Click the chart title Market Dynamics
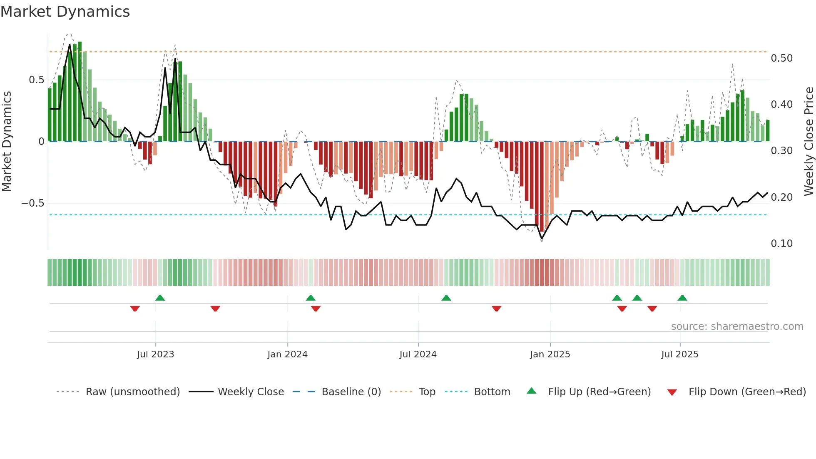tap(65, 12)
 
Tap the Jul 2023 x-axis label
tap(155, 354)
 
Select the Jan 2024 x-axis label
tap(287, 354)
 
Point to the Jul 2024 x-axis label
tap(418, 354)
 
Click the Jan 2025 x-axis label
tap(550, 354)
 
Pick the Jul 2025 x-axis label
tap(680, 354)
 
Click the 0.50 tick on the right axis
tap(781, 58)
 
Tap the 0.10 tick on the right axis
tap(781, 244)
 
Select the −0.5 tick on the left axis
tap(32, 203)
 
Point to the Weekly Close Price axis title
tap(809, 141)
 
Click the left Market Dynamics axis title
tap(7, 141)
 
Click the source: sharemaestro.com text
tap(737, 327)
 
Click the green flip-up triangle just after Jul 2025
tap(682, 298)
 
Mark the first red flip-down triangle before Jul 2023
tap(135, 309)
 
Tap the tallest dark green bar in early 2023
tap(80, 92)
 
